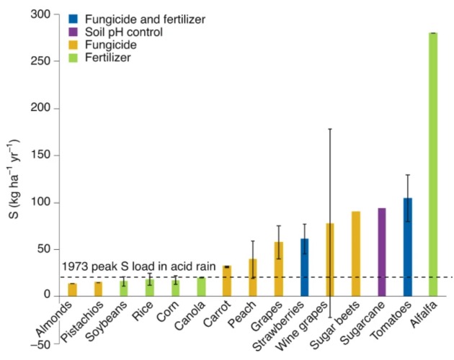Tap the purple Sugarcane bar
(x=381, y=252)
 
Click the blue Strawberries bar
(x=304, y=267)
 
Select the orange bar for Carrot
(x=227, y=281)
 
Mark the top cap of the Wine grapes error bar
(x=330, y=129)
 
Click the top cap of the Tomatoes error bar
(x=407, y=175)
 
